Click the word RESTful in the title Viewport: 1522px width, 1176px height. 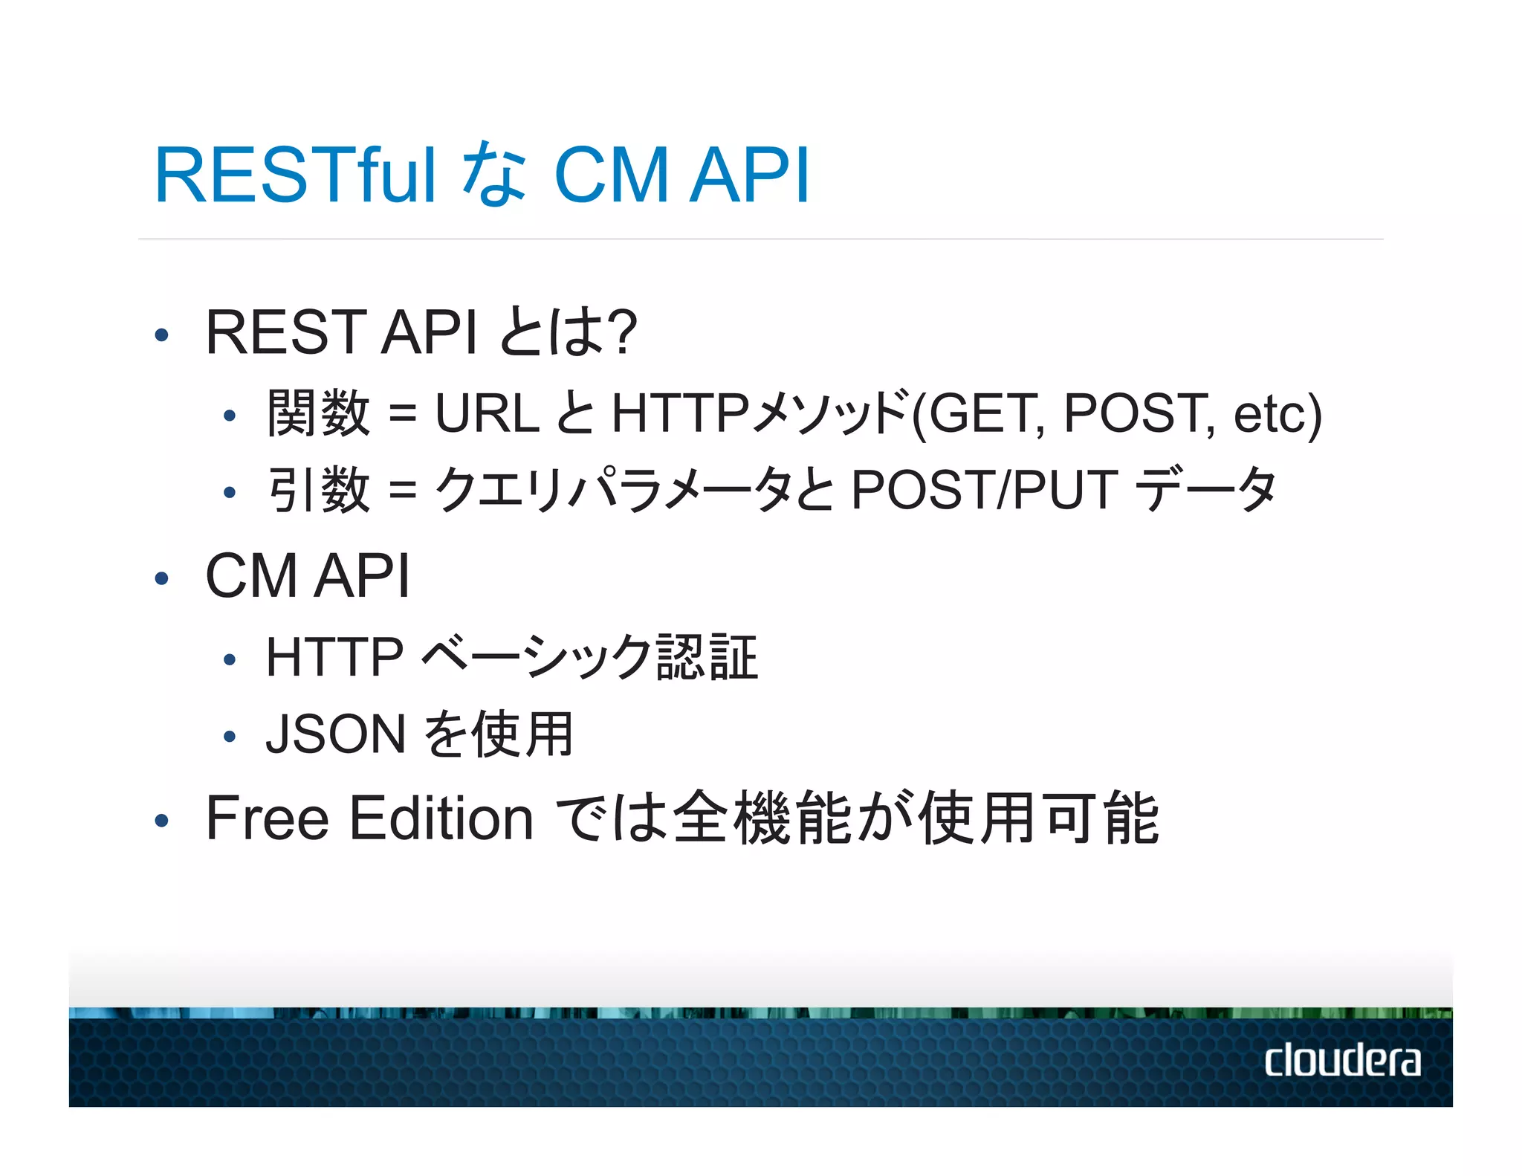[294, 175]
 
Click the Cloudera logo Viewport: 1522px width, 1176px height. [1341, 1060]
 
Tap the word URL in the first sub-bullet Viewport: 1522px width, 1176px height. [487, 413]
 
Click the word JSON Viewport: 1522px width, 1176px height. [335, 734]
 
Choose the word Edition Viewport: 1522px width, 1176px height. [441, 818]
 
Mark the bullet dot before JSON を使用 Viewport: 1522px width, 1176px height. [230, 737]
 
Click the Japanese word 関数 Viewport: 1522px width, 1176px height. [319, 413]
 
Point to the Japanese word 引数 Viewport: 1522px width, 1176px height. [319, 491]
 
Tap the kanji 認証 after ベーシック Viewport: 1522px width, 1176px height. [707, 657]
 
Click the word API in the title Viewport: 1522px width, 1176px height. [749, 175]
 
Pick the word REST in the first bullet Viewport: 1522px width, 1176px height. [285, 332]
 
